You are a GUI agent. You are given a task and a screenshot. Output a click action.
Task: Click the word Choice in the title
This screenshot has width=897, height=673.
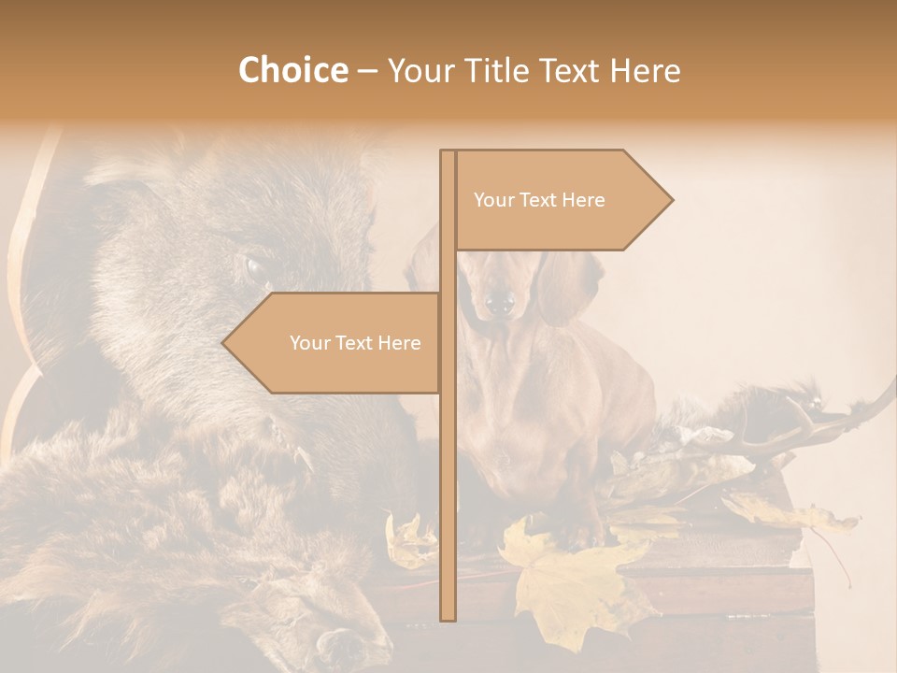[x=292, y=70]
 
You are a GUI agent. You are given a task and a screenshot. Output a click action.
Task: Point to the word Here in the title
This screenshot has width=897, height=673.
[x=646, y=70]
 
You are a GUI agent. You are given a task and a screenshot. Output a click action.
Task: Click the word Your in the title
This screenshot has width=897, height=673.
[x=420, y=70]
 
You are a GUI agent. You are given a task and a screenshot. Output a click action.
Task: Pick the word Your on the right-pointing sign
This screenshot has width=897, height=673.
[x=492, y=200]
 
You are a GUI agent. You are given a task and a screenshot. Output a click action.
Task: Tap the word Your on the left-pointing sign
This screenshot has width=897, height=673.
[x=308, y=343]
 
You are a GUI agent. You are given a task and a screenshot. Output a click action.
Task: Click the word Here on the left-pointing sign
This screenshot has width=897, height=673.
[x=399, y=343]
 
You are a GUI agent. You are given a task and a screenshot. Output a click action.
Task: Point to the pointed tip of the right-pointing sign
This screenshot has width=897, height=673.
[x=671, y=199]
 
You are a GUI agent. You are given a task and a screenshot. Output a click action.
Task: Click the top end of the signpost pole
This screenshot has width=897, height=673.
[x=448, y=152]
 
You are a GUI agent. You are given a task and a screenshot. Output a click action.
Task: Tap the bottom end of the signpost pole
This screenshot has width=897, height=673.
[x=448, y=618]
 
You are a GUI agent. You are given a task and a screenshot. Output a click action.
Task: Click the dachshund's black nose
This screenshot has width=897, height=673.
[x=500, y=302]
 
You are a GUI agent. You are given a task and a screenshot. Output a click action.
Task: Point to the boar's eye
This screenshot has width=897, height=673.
[x=254, y=269]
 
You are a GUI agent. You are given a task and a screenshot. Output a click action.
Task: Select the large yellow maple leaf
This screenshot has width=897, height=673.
[x=570, y=580]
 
